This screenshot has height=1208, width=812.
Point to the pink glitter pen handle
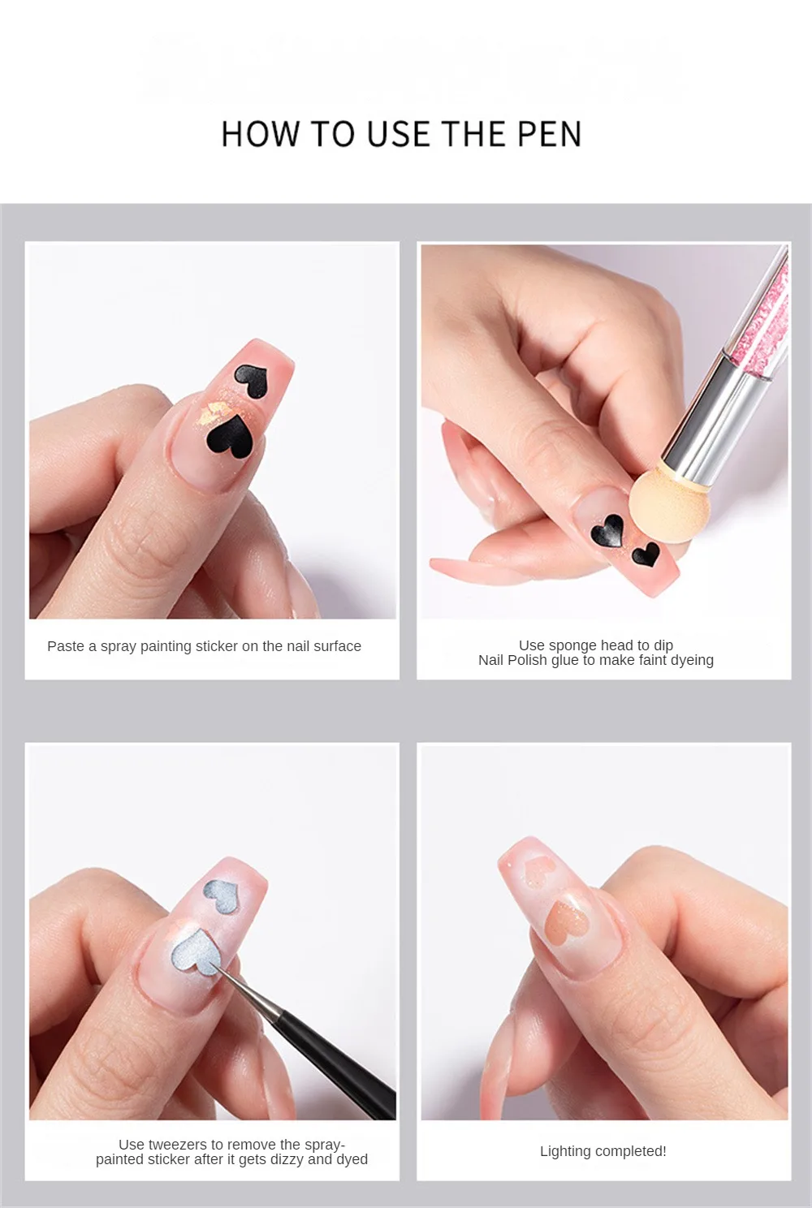(x=762, y=313)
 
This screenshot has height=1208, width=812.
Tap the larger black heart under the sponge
(x=607, y=531)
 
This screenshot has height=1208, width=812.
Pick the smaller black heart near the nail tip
(x=646, y=554)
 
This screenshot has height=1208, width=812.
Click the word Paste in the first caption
(x=64, y=646)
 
